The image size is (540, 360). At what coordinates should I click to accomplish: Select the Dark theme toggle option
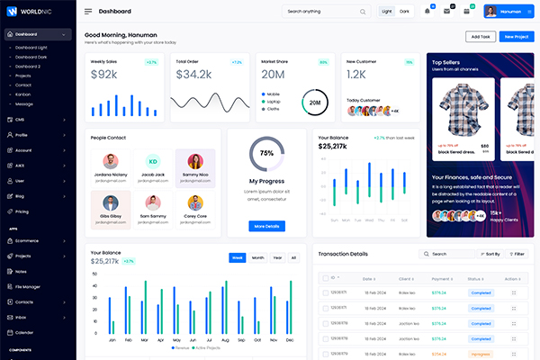pos(404,12)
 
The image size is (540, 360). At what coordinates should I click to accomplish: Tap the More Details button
pos(266,226)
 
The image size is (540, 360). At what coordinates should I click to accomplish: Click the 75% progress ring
pos(266,153)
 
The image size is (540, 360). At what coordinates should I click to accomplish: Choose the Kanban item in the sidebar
pos(23,94)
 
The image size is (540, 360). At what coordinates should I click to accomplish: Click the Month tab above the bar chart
pos(257,257)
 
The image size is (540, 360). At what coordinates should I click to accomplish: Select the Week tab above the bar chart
pos(238,257)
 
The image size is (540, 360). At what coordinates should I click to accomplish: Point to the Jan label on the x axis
pos(112,341)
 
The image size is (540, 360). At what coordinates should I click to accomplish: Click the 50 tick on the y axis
pos(95,273)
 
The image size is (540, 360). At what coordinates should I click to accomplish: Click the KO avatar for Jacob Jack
pos(153,160)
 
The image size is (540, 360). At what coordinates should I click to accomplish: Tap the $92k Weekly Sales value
pos(103,75)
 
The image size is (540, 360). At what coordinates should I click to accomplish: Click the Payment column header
pos(443,279)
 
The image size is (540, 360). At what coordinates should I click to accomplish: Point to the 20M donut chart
pos(315,103)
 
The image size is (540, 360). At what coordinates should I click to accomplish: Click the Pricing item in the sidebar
pos(22,211)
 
